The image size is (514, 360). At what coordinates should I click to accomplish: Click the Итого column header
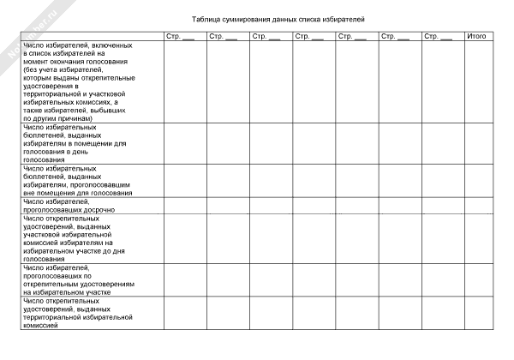click(477, 36)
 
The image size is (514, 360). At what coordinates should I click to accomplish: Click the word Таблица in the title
click(209, 18)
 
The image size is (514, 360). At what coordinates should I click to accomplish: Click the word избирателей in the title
click(366, 18)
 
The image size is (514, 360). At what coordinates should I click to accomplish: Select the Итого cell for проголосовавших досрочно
click(477, 206)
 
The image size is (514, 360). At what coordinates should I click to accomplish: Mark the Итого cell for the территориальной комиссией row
click(477, 314)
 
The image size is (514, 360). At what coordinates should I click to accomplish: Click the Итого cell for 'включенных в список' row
click(477, 81)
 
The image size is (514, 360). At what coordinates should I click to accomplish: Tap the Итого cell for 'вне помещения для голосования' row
click(477, 181)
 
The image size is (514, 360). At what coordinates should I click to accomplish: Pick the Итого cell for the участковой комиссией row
click(477, 238)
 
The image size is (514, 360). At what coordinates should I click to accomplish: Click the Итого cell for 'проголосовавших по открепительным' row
click(477, 280)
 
